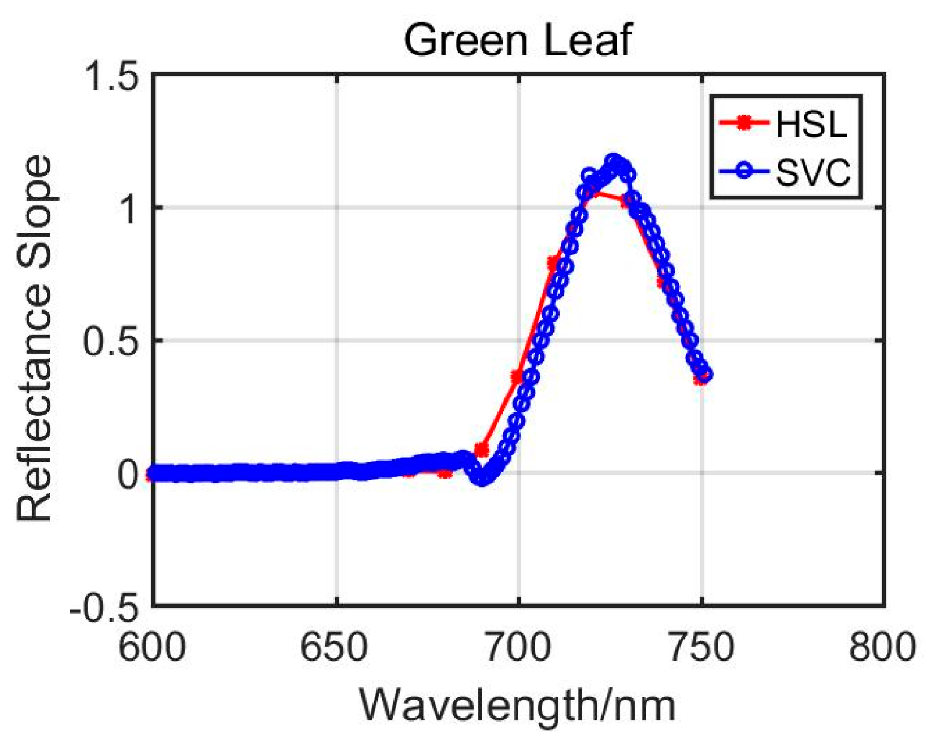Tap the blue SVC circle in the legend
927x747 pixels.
[x=744, y=171]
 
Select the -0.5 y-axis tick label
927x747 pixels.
[x=104, y=606]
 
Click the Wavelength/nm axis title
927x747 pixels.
[x=518, y=705]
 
